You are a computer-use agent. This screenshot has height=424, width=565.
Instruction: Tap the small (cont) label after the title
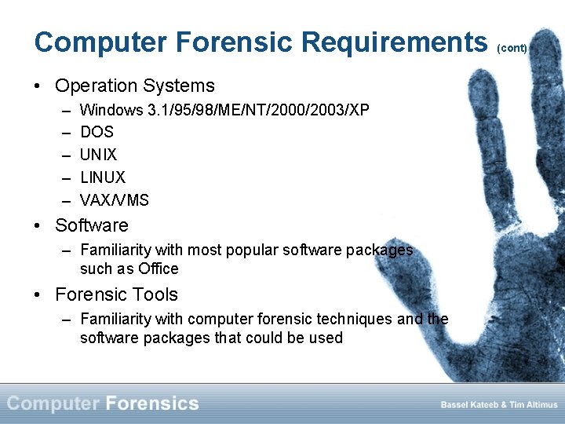(x=512, y=48)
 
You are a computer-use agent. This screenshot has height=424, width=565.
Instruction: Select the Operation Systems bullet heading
(x=134, y=86)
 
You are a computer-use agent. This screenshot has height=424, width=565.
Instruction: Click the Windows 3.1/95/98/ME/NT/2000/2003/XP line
(x=224, y=110)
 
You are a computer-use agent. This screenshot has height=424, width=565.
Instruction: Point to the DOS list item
(x=97, y=132)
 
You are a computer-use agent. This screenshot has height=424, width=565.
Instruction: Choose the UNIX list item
(x=98, y=155)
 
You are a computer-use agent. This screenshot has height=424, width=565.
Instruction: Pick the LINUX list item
(x=102, y=177)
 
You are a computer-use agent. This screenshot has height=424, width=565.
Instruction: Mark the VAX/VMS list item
(x=114, y=200)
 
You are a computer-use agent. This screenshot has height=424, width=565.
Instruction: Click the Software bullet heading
(x=91, y=225)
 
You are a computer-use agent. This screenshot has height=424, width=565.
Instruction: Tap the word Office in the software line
(x=159, y=269)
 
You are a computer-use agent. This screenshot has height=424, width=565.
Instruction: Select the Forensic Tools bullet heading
(x=116, y=294)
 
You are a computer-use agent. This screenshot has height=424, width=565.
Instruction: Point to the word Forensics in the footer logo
(x=151, y=404)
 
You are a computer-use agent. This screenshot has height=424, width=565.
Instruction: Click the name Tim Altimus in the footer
(x=533, y=404)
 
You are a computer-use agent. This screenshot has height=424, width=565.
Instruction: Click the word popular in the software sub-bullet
(x=250, y=250)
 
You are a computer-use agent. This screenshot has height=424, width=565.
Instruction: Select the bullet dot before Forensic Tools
(x=38, y=295)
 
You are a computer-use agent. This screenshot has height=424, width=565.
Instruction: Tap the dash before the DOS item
(x=63, y=132)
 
